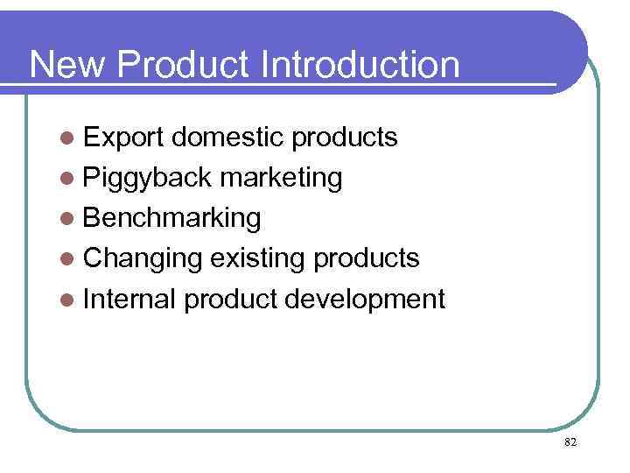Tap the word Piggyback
tap(147, 178)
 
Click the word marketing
tap(281, 178)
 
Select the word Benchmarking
tap(171, 218)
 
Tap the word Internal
tap(130, 300)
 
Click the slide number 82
tap(570, 443)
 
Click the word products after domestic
tap(344, 138)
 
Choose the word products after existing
tap(366, 259)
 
